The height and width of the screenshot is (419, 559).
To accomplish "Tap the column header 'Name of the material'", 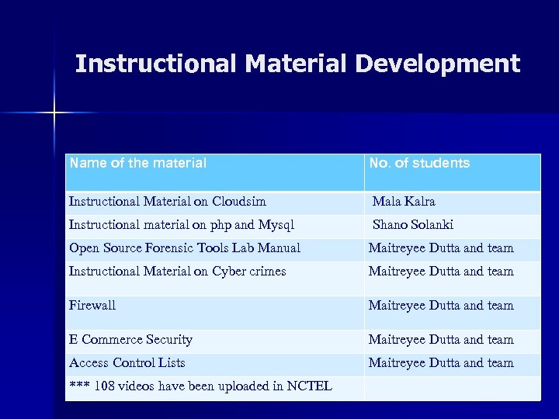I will [x=137, y=164].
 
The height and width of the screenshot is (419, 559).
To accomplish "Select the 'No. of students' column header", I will [x=419, y=164].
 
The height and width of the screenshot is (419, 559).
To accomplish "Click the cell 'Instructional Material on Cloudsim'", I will [x=167, y=202].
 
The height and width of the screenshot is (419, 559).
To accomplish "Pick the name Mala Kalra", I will [x=404, y=202].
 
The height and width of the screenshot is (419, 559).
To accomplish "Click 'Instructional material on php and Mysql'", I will [x=182, y=225].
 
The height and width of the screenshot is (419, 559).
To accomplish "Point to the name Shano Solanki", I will [x=413, y=225].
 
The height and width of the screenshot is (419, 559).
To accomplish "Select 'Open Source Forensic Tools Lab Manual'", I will [x=185, y=248].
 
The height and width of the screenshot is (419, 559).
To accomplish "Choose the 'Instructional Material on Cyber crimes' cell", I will [x=177, y=272].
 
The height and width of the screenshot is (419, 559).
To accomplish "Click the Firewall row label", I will [x=92, y=306].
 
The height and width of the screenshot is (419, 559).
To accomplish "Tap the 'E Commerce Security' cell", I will [x=130, y=340].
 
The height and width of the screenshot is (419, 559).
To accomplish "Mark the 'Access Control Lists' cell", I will [x=127, y=363].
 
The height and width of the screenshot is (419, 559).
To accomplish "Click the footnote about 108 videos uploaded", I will [x=200, y=386].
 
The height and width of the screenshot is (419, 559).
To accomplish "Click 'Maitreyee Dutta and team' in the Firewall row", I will [x=441, y=306].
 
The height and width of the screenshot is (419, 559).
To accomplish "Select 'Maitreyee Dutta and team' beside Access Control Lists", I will [x=441, y=363].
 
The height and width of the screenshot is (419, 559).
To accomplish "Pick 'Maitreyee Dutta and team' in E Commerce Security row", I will [x=441, y=340].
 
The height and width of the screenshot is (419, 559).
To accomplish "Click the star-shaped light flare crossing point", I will [x=55, y=113].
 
